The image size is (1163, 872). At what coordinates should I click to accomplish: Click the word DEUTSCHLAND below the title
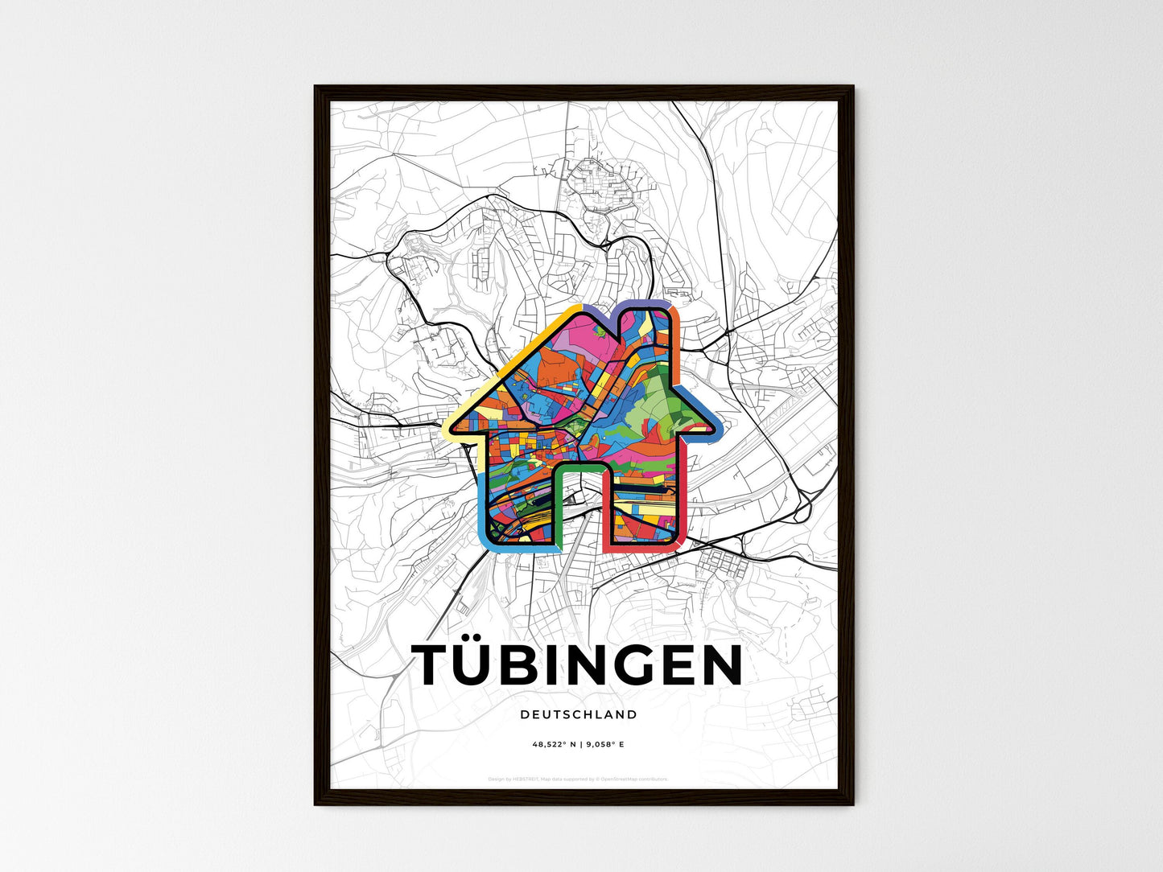tap(578, 714)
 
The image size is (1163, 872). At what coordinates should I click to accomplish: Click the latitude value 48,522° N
tap(554, 745)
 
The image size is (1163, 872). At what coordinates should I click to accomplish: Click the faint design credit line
tap(578, 779)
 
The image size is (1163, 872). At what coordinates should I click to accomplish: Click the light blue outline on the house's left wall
tap(482, 507)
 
